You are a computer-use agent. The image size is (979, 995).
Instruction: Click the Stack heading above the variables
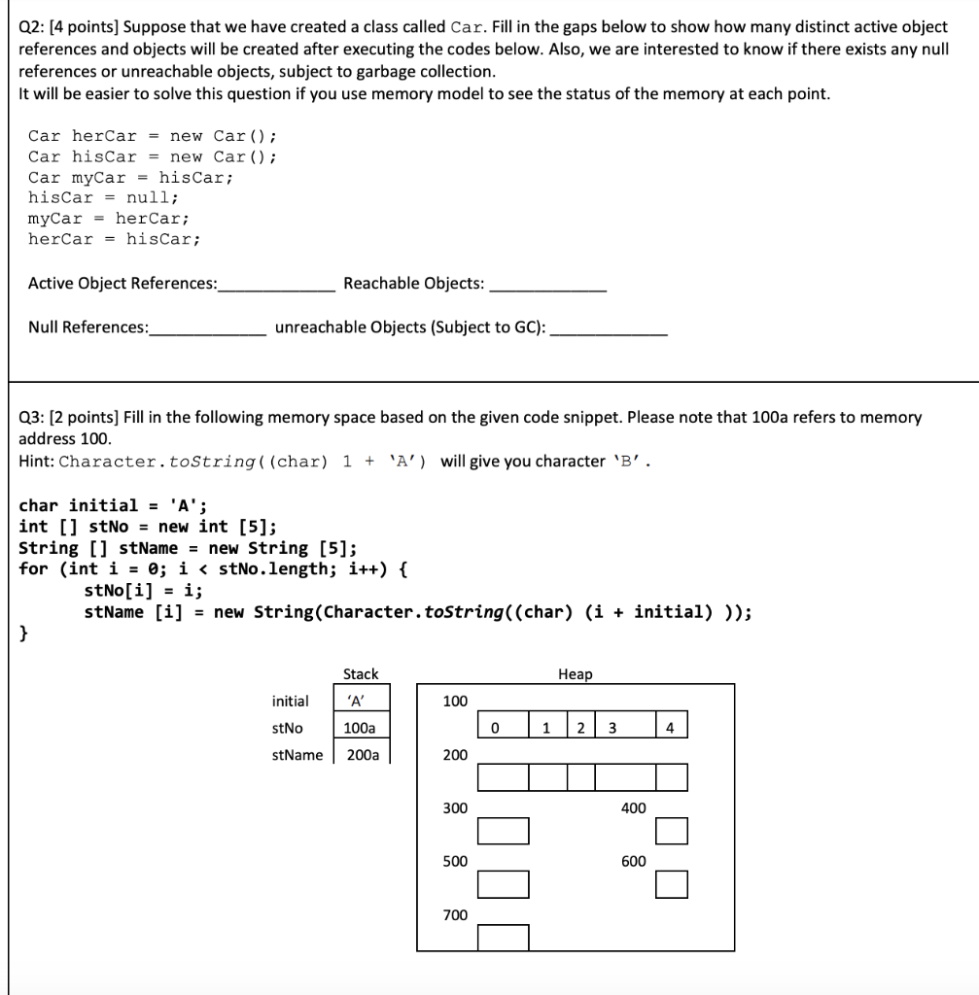click(x=361, y=673)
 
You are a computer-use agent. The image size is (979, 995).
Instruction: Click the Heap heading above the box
click(x=575, y=673)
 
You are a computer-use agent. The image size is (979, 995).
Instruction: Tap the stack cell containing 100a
click(x=361, y=728)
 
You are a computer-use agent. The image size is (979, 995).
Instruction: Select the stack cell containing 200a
click(x=362, y=755)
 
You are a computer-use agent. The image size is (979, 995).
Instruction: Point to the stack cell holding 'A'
click(x=361, y=701)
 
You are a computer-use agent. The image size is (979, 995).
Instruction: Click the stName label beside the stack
click(x=297, y=755)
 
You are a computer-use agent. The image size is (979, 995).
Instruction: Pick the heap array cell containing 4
click(x=672, y=728)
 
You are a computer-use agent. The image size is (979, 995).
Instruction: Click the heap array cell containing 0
click(x=495, y=728)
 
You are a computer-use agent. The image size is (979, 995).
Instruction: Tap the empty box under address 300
click(x=504, y=831)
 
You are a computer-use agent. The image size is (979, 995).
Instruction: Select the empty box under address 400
click(x=672, y=831)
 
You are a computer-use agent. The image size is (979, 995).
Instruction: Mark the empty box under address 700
click(x=504, y=938)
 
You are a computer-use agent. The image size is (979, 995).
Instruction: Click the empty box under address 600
click(x=672, y=884)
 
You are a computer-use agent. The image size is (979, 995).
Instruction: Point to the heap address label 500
click(x=455, y=861)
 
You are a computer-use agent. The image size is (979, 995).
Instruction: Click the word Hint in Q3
click(x=35, y=461)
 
